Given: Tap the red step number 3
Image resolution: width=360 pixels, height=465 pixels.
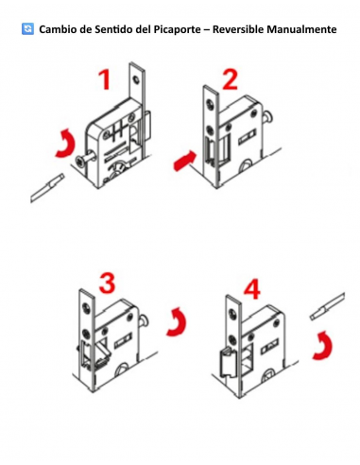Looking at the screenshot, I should point(107,283).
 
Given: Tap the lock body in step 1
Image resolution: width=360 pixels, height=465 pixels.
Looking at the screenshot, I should point(113,142).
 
